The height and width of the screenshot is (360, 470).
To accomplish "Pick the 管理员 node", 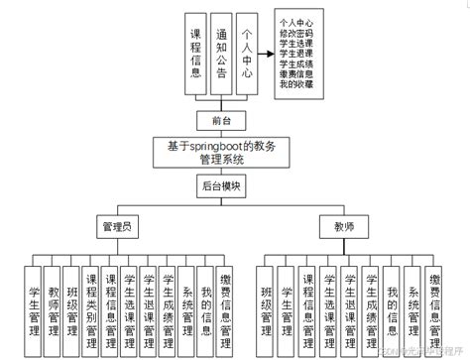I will [117, 227].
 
